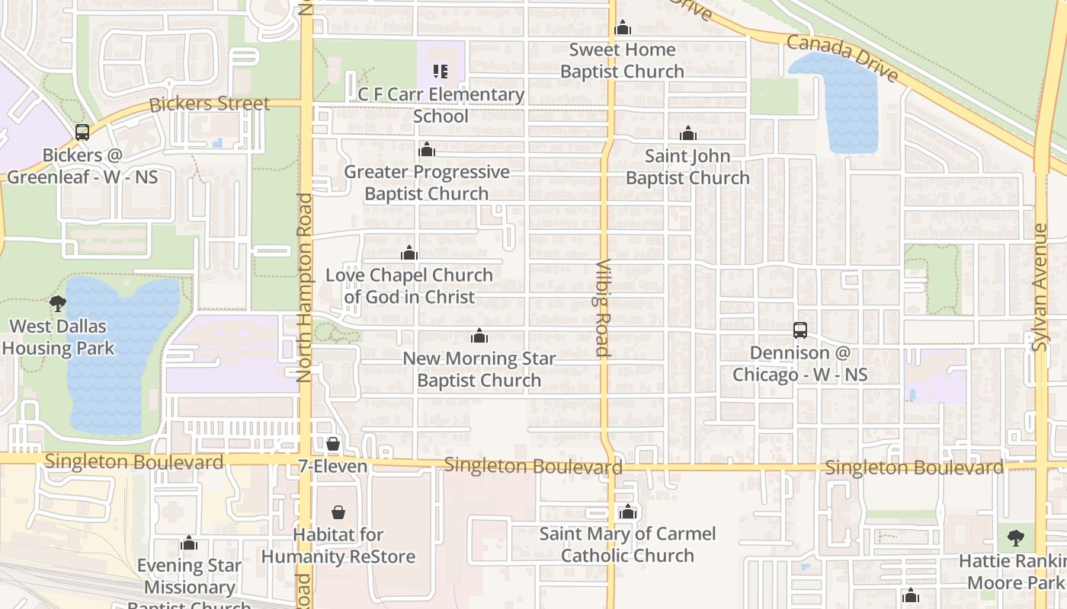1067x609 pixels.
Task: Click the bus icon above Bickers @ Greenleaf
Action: (x=82, y=132)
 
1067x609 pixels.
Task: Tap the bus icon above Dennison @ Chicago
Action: (x=799, y=330)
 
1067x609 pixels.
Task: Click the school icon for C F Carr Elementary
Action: (x=441, y=72)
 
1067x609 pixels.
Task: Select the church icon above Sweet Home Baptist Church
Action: (x=623, y=27)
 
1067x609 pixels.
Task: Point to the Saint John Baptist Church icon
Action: (x=688, y=134)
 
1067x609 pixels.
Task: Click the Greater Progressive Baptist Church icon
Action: (x=426, y=149)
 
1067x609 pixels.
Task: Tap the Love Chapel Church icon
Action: (x=409, y=253)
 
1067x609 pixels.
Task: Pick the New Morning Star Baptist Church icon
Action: (x=479, y=336)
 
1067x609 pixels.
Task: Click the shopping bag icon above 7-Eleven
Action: (x=333, y=444)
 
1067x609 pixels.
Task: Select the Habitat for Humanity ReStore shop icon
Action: (x=338, y=512)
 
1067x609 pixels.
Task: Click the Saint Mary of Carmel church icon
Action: (x=627, y=512)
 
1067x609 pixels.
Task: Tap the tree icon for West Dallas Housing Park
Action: (x=58, y=304)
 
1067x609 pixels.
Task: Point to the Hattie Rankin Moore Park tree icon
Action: (x=1015, y=538)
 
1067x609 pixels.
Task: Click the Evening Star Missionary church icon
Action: (x=189, y=543)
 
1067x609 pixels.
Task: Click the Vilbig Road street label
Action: (x=602, y=308)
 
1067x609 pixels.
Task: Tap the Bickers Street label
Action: (x=210, y=104)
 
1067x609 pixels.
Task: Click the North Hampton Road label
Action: (x=305, y=287)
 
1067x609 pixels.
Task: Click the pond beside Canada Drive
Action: (x=838, y=99)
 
